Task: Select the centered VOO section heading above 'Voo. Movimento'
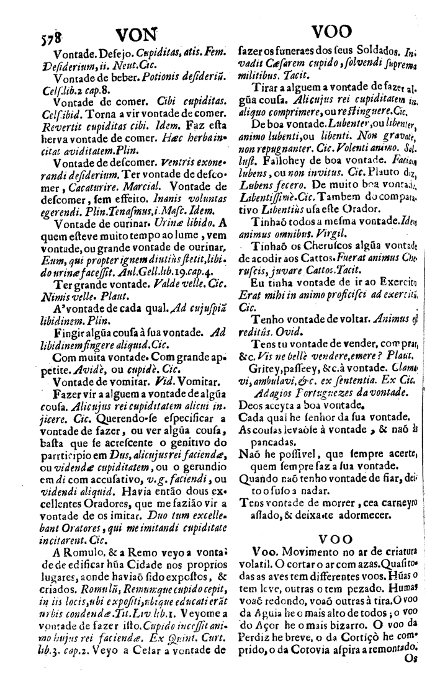[x=335, y=540]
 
